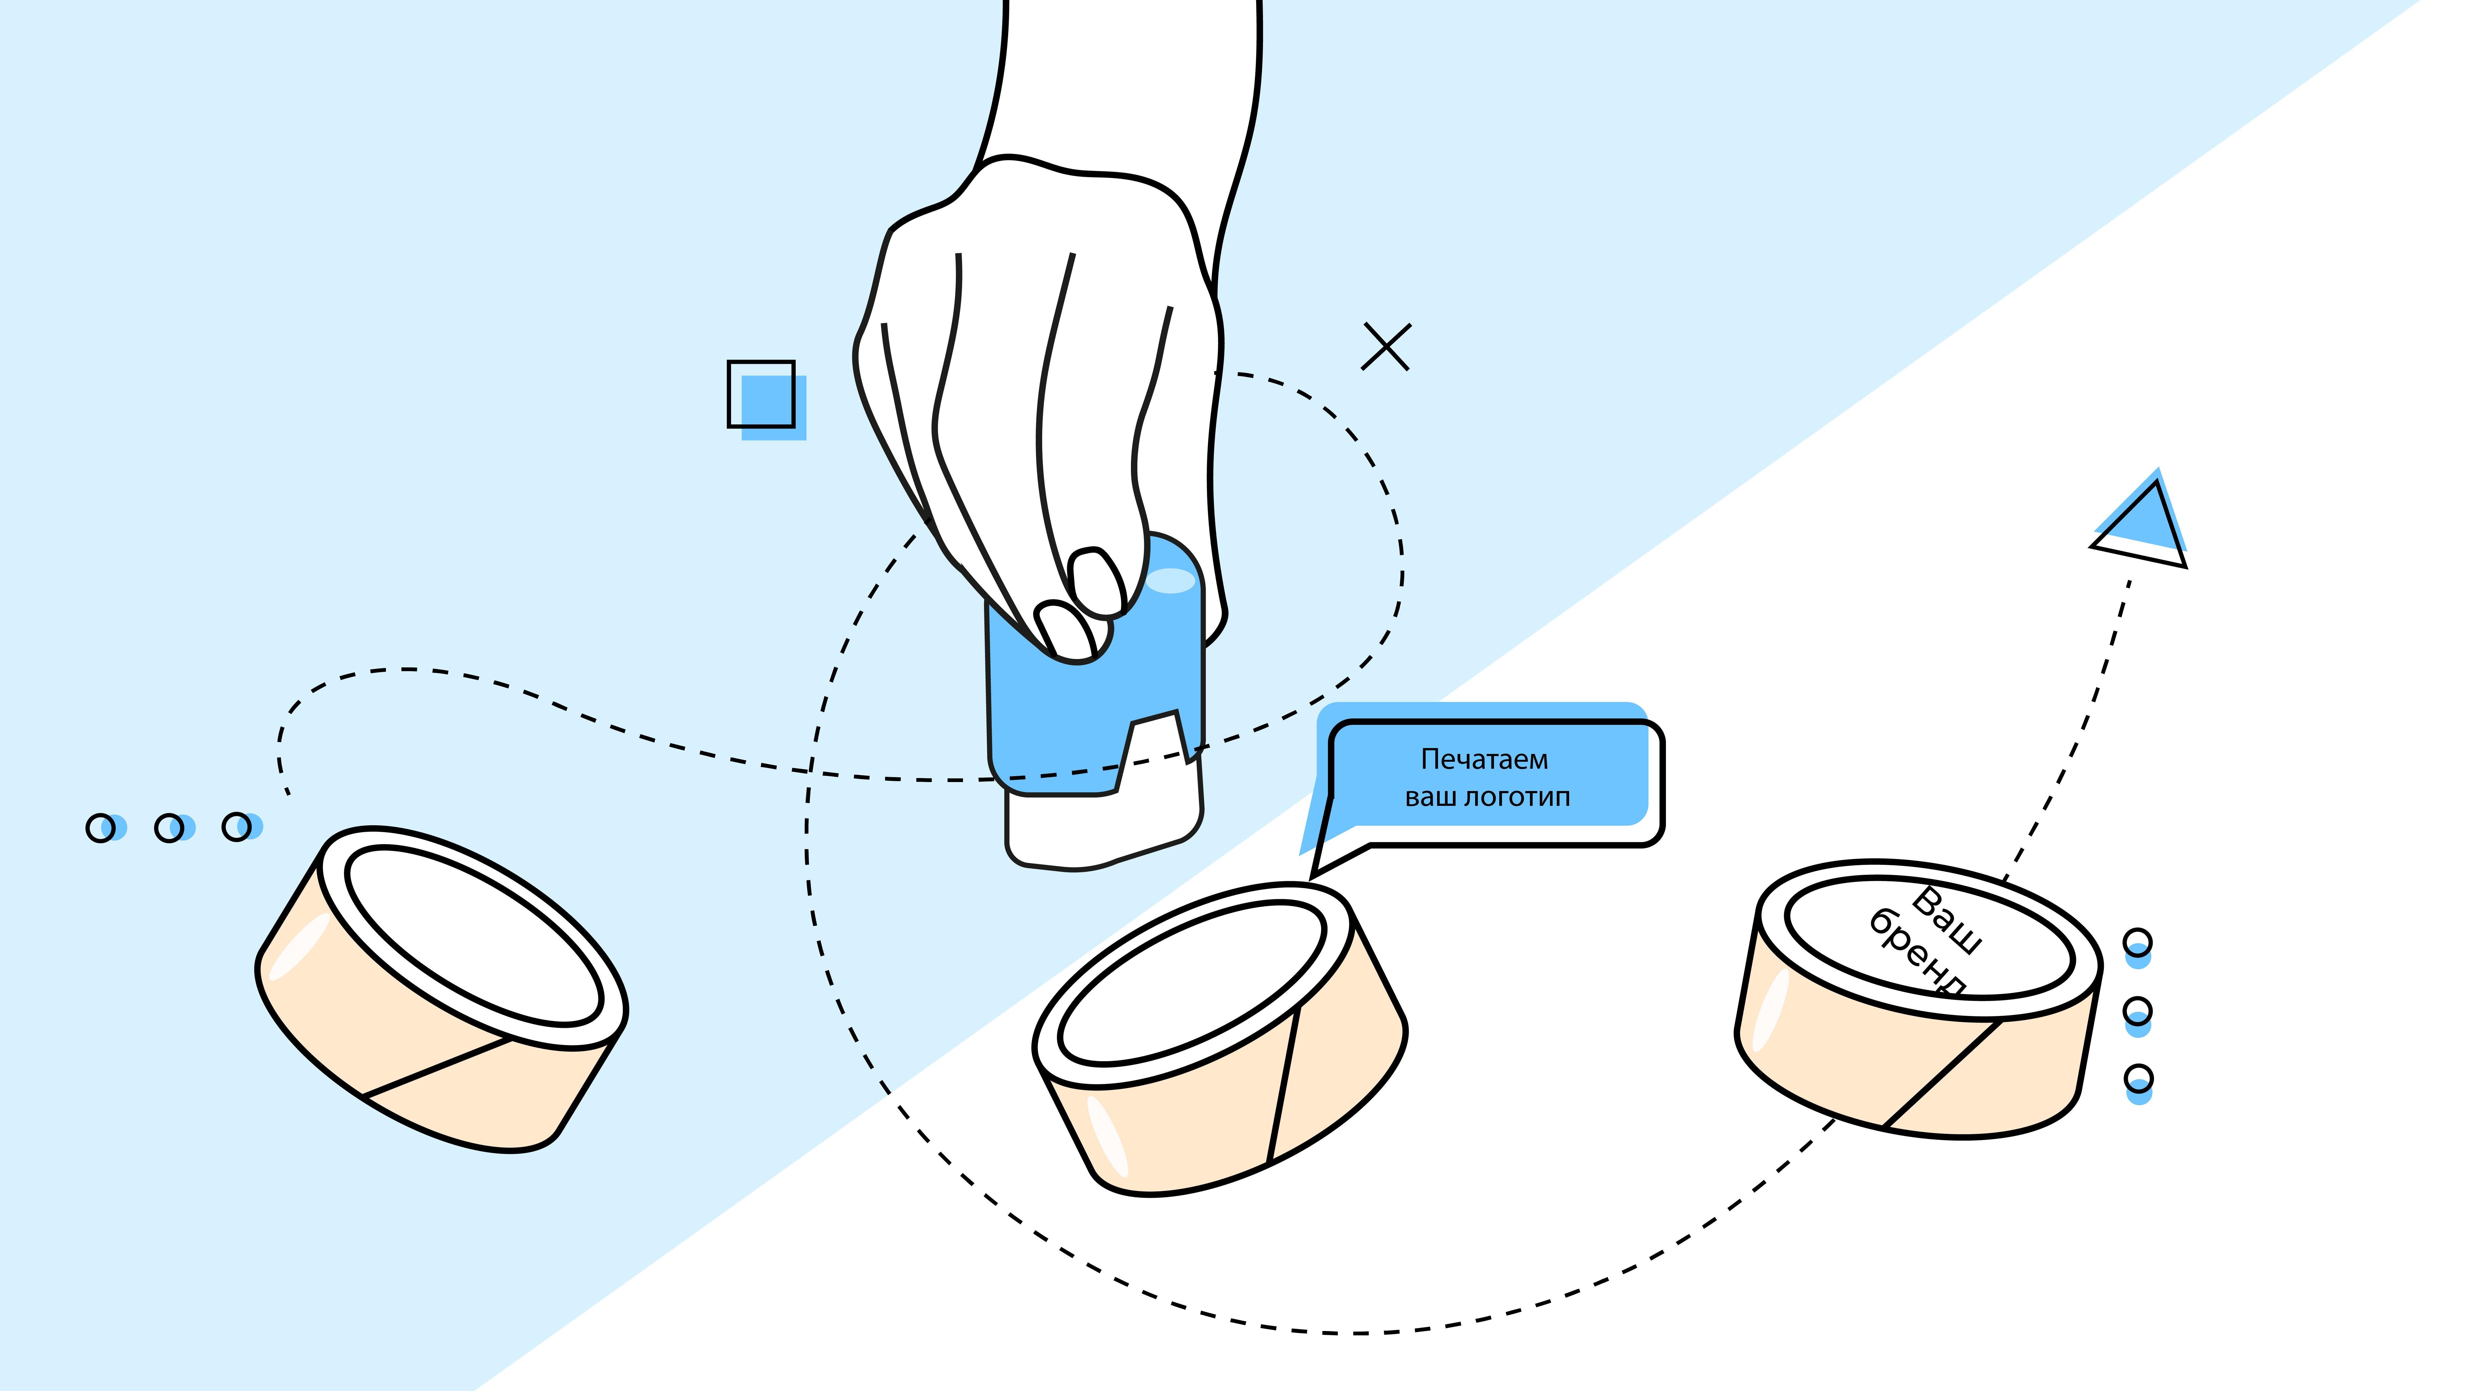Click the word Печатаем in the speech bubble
[1484, 759]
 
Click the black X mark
[1386, 347]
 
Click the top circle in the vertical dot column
[2137, 943]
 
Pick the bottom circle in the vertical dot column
[2138, 1079]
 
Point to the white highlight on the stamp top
[1170, 581]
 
